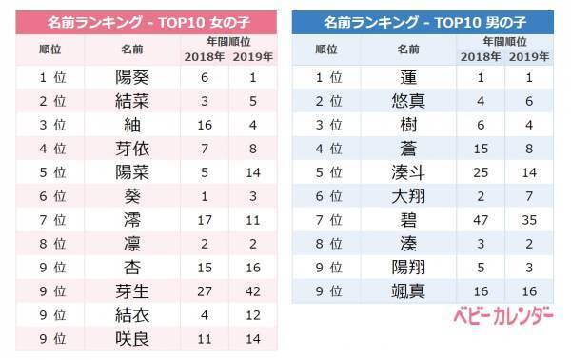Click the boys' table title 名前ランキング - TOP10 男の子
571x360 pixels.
(424, 20)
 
